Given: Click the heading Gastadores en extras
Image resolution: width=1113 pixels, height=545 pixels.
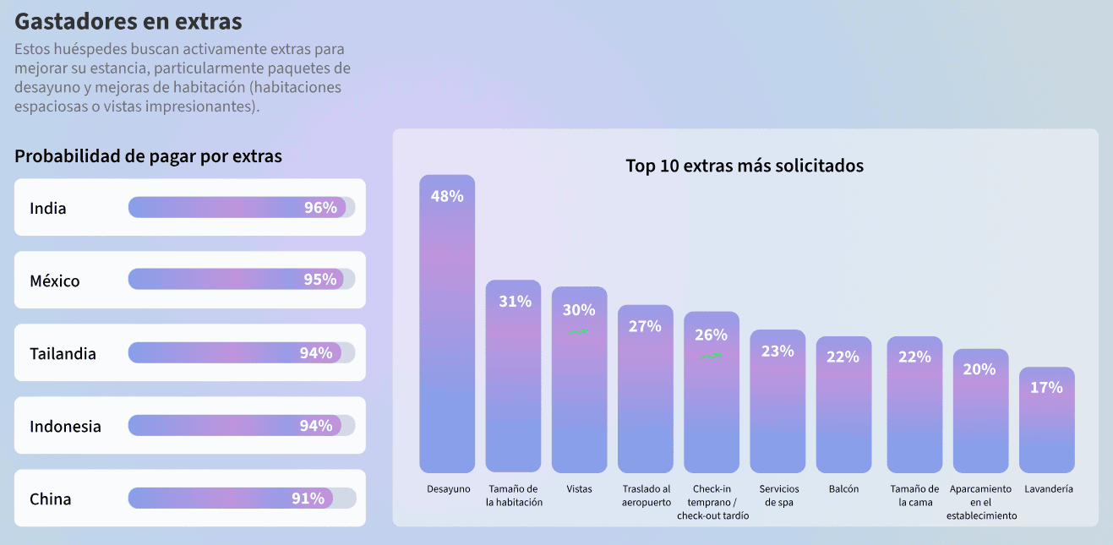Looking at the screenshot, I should coord(128,21).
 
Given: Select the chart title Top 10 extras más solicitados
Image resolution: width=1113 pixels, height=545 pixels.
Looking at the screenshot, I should coord(745,166).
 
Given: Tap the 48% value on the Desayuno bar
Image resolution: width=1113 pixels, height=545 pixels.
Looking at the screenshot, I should coord(447,196).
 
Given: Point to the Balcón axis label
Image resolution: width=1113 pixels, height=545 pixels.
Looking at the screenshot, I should coord(843,489).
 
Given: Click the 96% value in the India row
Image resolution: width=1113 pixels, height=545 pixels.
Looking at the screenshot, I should coord(320,207).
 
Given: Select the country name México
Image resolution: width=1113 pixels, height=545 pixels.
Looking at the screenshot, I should coord(55,281).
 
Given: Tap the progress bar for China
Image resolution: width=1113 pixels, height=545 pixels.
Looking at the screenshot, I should coord(242,499).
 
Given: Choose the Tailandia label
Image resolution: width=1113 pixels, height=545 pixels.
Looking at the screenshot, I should coord(63,353).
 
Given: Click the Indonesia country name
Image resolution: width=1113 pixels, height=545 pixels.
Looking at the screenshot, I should coord(65,426).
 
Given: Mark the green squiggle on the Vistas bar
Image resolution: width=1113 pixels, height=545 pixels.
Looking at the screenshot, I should coord(578,332).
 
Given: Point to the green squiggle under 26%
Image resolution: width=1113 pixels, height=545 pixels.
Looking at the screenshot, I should coord(711,357).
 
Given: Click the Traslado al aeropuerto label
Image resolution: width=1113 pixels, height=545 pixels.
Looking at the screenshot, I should coord(647,495).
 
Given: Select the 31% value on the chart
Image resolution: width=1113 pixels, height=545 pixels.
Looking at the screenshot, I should coord(514,301).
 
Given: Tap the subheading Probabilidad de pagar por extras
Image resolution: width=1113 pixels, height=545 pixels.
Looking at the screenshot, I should coord(148,156).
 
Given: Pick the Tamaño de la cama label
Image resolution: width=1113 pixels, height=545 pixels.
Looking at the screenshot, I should coord(914,495).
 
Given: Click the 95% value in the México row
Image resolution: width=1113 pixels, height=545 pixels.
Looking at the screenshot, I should coord(319,280).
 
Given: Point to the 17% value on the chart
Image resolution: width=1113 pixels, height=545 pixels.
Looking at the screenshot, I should coord(1046,387).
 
